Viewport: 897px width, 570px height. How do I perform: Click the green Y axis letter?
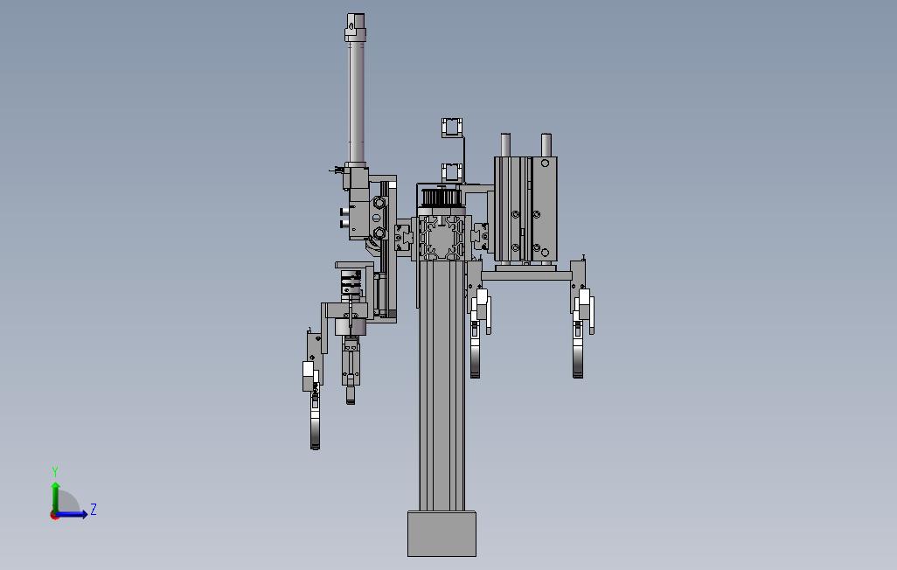click(55, 471)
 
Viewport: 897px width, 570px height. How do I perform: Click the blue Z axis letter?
click(94, 510)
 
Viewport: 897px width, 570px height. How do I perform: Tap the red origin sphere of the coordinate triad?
click(54, 515)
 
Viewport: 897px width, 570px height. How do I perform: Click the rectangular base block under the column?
click(442, 534)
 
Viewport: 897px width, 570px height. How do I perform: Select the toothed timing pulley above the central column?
click(441, 198)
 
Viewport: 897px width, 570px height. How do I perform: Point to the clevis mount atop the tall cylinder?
click(355, 27)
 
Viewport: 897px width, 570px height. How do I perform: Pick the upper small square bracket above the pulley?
click(452, 127)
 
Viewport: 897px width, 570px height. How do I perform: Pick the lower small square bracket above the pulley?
click(452, 171)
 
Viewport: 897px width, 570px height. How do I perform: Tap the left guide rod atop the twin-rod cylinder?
click(505, 145)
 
